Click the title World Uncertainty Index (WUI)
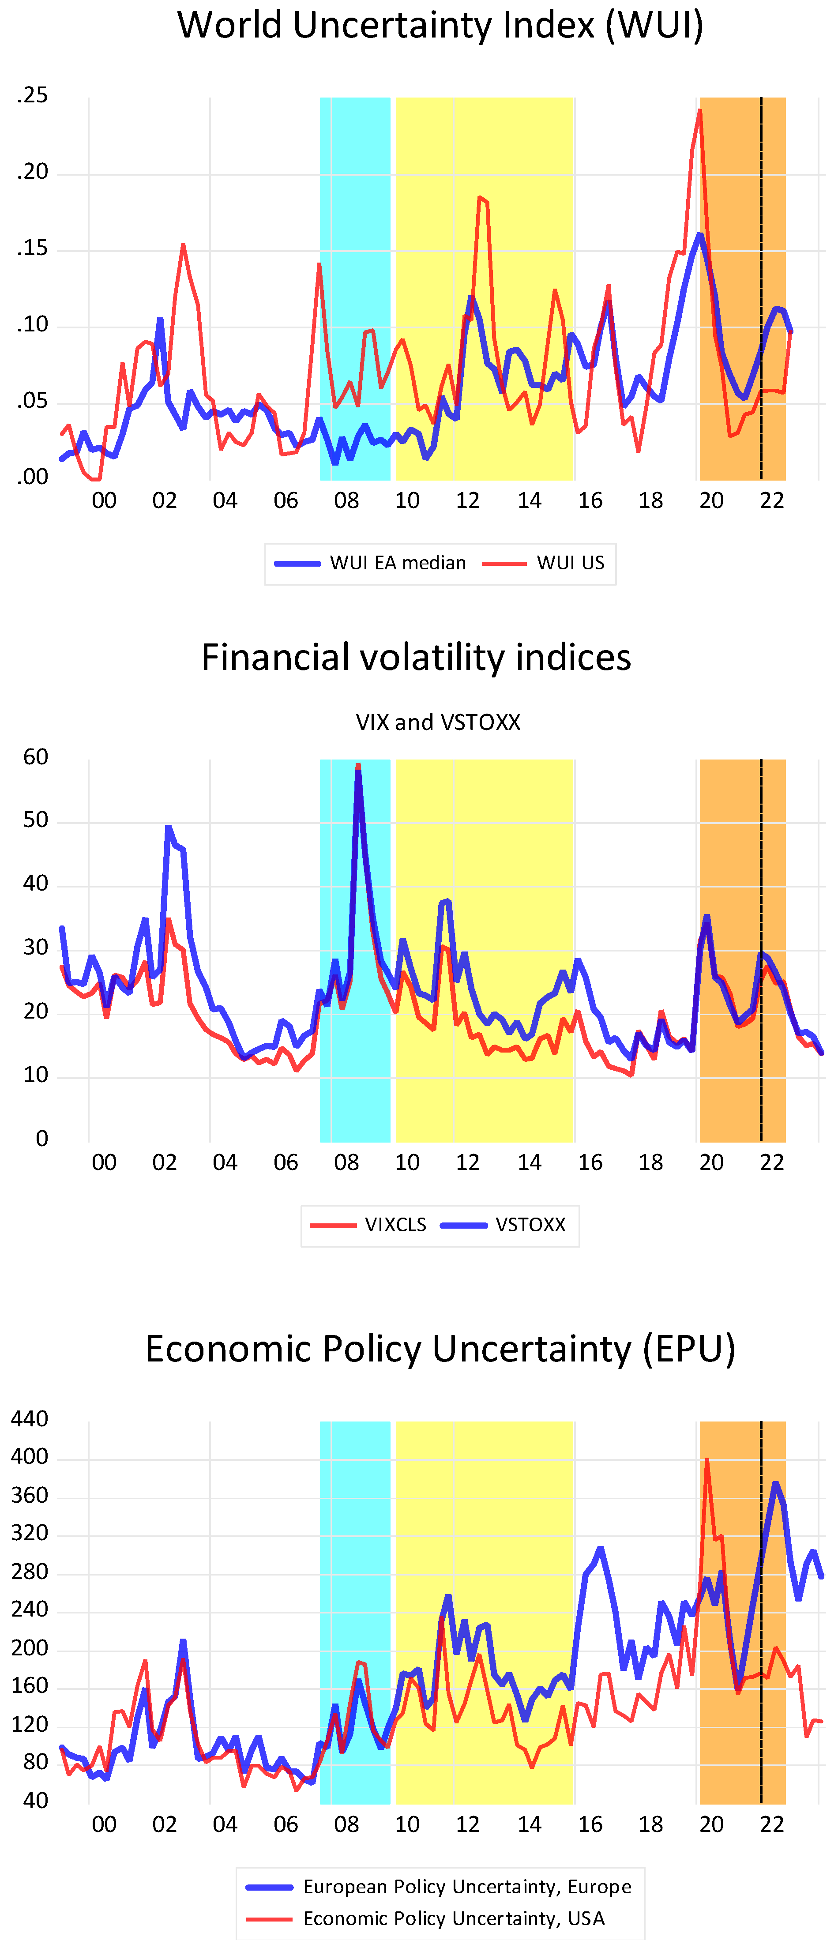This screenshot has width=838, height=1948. (440, 26)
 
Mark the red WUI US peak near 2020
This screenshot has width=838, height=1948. (699, 111)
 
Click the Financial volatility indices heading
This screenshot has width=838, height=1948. (416, 657)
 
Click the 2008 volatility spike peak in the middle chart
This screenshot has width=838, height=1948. (358, 767)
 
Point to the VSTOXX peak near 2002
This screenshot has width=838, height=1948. (168, 827)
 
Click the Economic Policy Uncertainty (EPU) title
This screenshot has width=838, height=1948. (440, 1349)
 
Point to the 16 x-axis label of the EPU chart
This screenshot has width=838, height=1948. (590, 1825)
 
